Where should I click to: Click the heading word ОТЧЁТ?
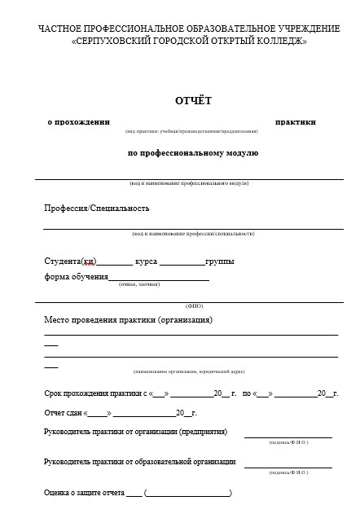193,100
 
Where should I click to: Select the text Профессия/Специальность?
96,208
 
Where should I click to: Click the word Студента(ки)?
70,261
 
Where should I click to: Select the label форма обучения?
76,276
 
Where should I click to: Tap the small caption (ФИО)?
194,305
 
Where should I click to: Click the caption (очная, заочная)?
138,284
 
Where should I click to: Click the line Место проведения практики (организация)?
128,320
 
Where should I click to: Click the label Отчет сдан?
64,413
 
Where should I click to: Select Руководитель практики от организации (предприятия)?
135,432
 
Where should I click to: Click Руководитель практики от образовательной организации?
139,462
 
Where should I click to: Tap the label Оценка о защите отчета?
84,493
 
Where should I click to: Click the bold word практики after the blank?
296,121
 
